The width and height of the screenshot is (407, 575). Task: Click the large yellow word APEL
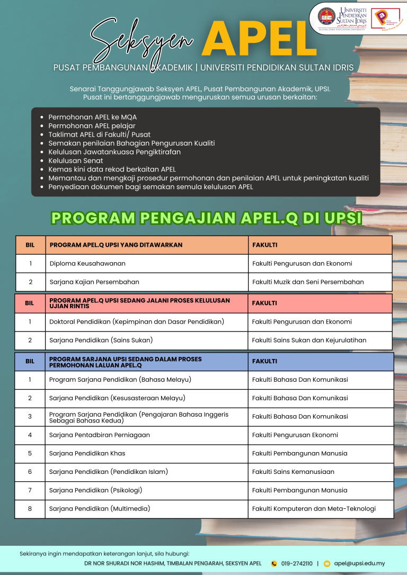coord(259,39)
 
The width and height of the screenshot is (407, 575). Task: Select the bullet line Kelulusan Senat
coord(76,160)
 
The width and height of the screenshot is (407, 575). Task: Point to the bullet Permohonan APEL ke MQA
coord(93,116)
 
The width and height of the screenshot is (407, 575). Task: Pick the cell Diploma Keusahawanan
coord(87,263)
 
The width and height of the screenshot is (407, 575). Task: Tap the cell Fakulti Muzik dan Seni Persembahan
coord(308,282)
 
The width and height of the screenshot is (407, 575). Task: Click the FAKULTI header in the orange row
coord(264,245)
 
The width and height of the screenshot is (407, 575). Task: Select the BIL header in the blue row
coord(30,361)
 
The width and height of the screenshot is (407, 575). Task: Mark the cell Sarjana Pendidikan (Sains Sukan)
coord(101,340)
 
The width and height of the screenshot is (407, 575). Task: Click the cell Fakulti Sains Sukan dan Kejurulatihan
coord(309,340)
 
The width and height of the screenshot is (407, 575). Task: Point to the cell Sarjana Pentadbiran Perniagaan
coord(99,435)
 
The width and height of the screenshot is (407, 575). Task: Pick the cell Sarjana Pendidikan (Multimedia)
coord(100,508)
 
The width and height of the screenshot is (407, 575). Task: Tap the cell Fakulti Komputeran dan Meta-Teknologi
coord(314,508)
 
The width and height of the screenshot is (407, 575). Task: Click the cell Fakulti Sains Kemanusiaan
coord(293,471)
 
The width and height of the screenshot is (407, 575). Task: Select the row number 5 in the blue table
coord(30,453)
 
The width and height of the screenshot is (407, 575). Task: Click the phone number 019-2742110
coord(297,563)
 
